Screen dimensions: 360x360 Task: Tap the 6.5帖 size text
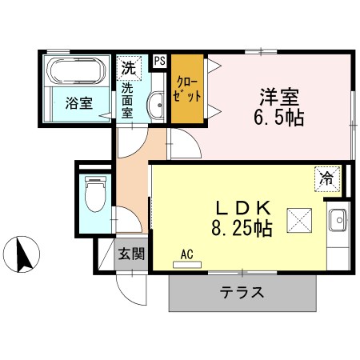tap(278, 118)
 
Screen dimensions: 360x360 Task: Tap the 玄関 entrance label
tap(132, 255)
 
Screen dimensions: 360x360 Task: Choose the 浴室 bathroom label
tap(78, 103)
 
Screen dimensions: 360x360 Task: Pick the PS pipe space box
tap(159, 61)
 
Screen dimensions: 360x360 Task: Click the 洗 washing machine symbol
tap(128, 67)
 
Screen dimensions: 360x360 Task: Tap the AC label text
tap(187, 254)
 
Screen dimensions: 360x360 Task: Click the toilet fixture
tap(94, 194)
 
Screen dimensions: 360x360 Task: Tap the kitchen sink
tap(338, 218)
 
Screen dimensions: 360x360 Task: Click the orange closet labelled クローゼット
tap(186, 88)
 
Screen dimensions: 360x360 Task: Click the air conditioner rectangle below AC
tap(188, 264)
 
